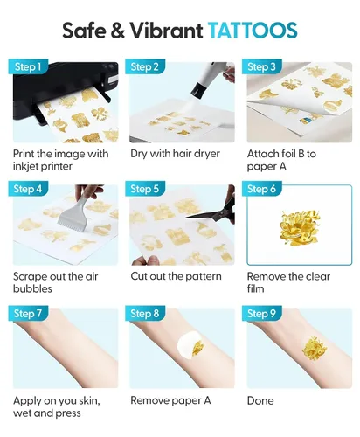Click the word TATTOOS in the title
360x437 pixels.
tap(253, 30)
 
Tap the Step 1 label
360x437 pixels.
tap(28, 66)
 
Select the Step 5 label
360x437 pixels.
tap(145, 189)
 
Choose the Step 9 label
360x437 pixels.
tap(261, 314)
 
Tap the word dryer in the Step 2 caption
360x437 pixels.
tap(206, 154)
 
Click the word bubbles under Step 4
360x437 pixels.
tap(32, 288)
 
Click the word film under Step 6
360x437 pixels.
tap(255, 288)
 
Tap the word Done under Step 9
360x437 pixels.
tap(260, 401)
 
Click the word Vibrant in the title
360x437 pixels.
tap(166, 31)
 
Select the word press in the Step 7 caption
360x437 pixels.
tap(69, 413)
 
